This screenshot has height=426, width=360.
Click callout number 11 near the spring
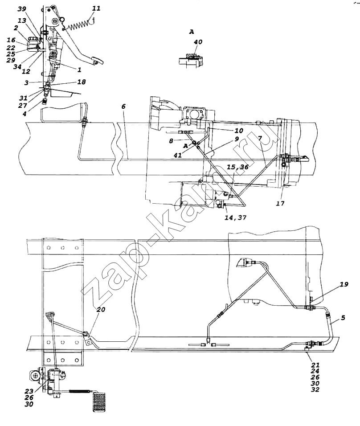click(x=96, y=8)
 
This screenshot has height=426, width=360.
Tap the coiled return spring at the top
click(x=79, y=25)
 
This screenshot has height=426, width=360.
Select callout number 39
click(x=22, y=9)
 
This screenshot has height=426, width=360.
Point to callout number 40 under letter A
click(x=198, y=42)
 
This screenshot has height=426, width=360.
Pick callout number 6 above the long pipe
click(x=123, y=106)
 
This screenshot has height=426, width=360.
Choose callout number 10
click(x=239, y=131)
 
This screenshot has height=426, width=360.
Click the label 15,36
click(x=238, y=167)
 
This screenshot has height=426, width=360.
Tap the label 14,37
click(x=235, y=217)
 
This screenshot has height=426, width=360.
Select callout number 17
click(x=280, y=203)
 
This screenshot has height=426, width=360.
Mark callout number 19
click(x=344, y=284)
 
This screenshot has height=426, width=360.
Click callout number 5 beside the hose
click(x=343, y=317)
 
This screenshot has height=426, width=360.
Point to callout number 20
click(x=101, y=309)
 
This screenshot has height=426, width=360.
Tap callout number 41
click(x=178, y=156)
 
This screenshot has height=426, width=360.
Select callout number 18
click(x=82, y=82)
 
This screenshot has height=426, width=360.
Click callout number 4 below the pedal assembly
click(x=25, y=114)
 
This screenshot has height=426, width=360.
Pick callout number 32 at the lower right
click(x=315, y=389)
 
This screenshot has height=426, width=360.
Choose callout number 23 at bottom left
click(x=29, y=391)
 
